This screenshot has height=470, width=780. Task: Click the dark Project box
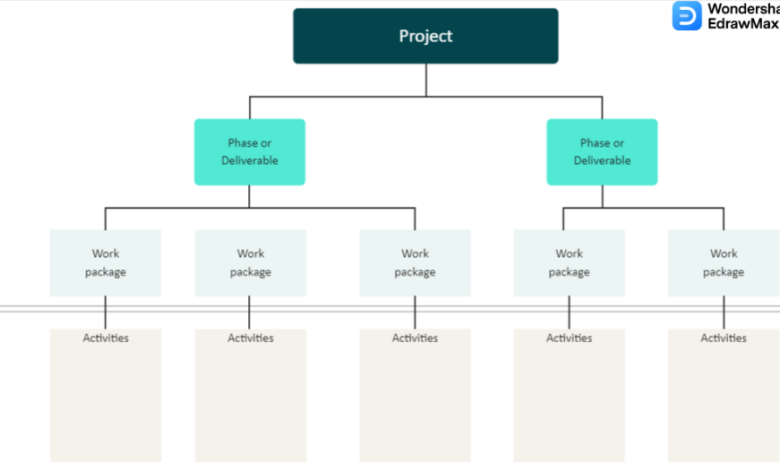click(425, 36)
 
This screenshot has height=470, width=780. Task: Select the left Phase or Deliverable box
click(250, 152)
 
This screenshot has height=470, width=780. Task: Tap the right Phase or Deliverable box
click(602, 152)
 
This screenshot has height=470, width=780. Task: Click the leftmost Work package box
click(105, 263)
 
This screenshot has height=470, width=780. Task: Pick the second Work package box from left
click(250, 263)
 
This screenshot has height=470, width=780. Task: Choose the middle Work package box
click(415, 263)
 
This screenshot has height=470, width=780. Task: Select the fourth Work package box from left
click(569, 263)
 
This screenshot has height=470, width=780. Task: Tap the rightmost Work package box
click(724, 263)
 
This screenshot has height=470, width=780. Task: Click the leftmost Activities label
click(105, 338)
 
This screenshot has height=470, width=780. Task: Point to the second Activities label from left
click(250, 338)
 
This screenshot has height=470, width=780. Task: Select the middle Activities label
click(415, 338)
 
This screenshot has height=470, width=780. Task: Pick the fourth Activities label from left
click(569, 338)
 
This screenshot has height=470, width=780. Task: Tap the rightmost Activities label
click(724, 338)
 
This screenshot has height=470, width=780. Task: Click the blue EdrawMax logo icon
click(687, 16)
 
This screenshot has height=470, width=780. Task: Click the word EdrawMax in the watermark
click(743, 23)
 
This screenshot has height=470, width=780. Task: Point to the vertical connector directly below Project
click(426, 80)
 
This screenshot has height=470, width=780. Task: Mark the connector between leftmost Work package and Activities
click(105, 313)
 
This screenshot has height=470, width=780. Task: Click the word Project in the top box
click(425, 36)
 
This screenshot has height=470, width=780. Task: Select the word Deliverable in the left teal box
click(250, 161)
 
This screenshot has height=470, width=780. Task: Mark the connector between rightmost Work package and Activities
click(724, 313)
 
